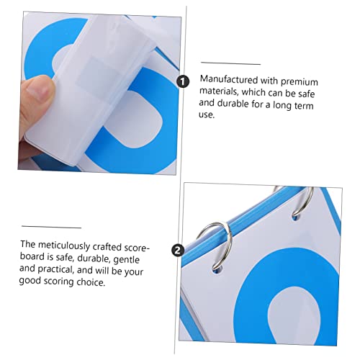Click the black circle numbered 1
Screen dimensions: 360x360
(183, 81)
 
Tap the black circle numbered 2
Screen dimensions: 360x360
(178, 251)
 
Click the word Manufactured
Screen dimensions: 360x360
(229, 79)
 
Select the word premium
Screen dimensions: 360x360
(300, 82)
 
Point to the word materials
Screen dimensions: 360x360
(218, 91)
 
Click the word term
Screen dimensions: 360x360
(304, 106)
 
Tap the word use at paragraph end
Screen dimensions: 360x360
(207, 114)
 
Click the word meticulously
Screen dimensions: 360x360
(64, 246)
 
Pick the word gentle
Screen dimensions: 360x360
(126, 260)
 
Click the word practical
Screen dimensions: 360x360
(55, 269)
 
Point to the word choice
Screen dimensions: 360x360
(91, 282)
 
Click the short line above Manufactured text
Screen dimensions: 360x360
(230, 63)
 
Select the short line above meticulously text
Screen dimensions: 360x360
(51, 227)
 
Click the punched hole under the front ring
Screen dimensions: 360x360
(217, 270)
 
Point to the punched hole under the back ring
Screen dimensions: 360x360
(295, 217)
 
